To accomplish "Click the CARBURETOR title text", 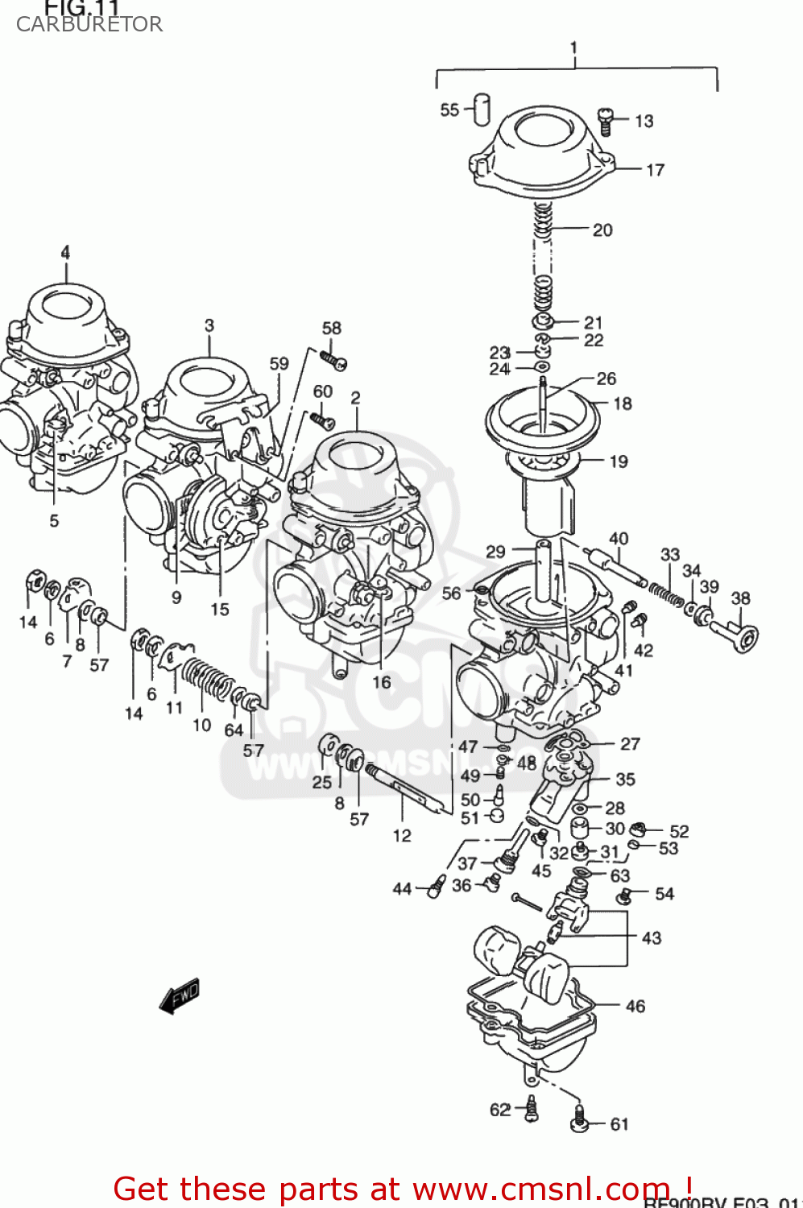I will coord(89,24).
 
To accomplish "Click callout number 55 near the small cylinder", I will coord(449,110).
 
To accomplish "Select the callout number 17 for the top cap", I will coord(655,170).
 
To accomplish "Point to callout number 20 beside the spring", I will coord(602,230).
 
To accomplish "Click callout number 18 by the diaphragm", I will coord(623,403).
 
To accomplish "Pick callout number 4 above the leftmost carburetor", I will coord(65,252).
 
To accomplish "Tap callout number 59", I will coord(279,364).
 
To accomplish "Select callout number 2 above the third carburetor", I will coord(355,398).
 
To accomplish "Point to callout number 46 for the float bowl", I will coord(635,1006).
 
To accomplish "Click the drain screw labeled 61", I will coord(579,1121).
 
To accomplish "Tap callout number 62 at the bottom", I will coord(500,1110).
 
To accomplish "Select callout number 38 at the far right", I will coord(740,598).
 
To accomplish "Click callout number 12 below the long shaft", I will coord(402,836).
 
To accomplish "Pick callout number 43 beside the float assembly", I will coord(651,938).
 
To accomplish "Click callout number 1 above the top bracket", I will coord(573,48).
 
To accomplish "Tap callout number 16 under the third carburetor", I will coord(381,682).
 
